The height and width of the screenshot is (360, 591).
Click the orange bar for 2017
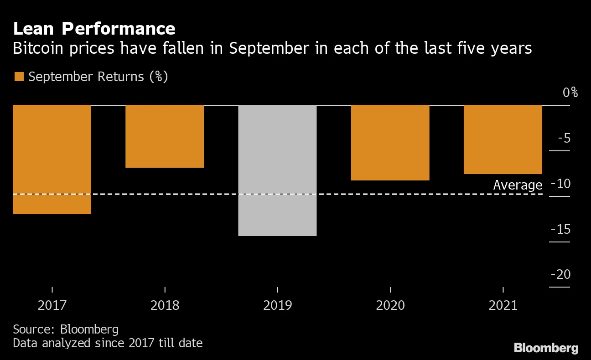pos(52,159)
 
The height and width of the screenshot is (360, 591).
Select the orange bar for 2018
pos(165,136)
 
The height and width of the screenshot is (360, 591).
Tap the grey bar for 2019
pos(277,170)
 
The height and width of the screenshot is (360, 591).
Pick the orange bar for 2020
pos(390,143)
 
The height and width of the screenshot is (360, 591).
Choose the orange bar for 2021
pos(503,139)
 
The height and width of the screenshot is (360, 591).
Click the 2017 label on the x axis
pos(52,305)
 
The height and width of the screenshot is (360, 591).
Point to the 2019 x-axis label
pos(277,305)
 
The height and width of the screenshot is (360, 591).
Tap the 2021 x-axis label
pos(503,305)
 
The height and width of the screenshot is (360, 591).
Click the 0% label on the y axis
pos(570,93)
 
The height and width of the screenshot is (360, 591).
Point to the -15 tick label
pos(560,229)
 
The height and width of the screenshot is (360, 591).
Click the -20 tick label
pos(560,274)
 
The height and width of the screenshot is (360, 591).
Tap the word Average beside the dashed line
pos(518,185)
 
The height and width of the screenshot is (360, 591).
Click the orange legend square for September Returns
pos(19,77)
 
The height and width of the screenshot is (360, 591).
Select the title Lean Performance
pos(94,29)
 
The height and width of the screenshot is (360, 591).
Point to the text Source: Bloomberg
pos(66,329)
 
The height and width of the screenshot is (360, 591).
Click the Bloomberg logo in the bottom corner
pos(546,348)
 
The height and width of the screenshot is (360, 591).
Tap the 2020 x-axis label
pos(390,305)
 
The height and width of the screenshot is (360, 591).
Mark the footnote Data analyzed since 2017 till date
pos(108,343)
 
